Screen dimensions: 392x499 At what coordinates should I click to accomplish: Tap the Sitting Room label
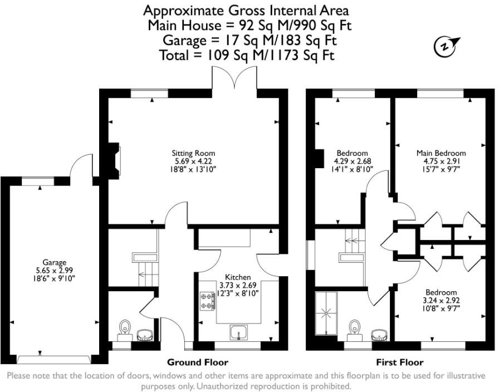(x=193, y=153)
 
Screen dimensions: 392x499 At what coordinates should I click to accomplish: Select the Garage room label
(x=54, y=262)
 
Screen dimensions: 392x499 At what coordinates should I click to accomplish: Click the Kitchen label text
(x=237, y=277)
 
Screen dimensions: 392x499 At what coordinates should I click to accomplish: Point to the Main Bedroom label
(x=441, y=153)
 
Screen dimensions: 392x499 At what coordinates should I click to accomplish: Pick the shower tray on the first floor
(x=324, y=312)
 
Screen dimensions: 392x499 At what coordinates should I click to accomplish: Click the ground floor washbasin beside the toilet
(x=145, y=335)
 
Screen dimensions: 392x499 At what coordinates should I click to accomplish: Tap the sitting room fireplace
(x=114, y=160)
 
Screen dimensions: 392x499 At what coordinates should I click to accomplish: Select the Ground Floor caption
(x=197, y=362)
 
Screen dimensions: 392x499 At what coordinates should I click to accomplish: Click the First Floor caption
(x=400, y=362)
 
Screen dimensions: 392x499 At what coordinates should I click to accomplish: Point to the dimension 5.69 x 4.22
(x=193, y=161)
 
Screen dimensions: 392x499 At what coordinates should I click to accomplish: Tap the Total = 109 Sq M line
(x=247, y=55)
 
